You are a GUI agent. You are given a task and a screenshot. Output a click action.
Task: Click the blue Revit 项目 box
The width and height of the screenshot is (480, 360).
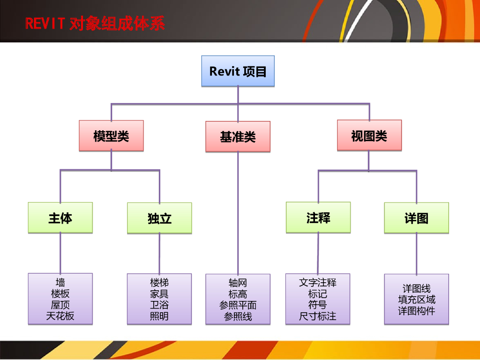(x=238, y=71)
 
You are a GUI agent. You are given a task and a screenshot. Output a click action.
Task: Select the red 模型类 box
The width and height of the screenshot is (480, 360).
(x=111, y=136)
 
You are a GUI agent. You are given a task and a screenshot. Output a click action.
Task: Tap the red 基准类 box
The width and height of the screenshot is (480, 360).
(x=238, y=137)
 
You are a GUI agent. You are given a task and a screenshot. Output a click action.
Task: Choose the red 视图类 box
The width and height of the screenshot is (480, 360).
(x=369, y=135)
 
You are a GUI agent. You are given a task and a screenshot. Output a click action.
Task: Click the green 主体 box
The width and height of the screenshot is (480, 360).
(x=60, y=218)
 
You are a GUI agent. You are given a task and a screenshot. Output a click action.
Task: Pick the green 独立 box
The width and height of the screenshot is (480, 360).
(x=159, y=218)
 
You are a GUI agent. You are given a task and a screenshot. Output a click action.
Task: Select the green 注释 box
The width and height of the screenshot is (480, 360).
(x=318, y=217)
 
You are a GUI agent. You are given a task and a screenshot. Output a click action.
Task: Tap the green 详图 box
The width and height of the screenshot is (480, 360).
(x=416, y=218)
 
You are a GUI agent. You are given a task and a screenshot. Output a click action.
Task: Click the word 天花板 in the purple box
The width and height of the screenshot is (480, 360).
(x=60, y=316)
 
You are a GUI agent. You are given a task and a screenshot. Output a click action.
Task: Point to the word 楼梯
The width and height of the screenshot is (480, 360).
(x=159, y=283)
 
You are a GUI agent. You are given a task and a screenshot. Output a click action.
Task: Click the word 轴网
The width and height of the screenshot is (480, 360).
(x=238, y=283)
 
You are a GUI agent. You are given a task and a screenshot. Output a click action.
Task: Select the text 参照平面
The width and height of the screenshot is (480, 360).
(x=238, y=305)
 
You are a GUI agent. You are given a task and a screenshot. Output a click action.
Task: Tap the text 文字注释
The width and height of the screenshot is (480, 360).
(x=318, y=283)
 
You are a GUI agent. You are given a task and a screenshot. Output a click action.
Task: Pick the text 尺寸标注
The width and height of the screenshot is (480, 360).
(x=318, y=316)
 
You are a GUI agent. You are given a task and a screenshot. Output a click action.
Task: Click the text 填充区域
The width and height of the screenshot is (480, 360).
(x=416, y=300)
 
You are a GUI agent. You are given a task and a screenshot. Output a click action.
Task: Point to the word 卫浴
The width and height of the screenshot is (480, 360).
(x=159, y=305)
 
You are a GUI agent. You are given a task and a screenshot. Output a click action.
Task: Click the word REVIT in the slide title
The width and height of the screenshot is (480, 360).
(x=45, y=23)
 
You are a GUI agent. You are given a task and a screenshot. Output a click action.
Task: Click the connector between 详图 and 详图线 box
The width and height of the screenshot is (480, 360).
(x=416, y=253)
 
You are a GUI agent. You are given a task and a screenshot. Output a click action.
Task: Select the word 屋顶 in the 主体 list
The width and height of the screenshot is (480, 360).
(x=60, y=305)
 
